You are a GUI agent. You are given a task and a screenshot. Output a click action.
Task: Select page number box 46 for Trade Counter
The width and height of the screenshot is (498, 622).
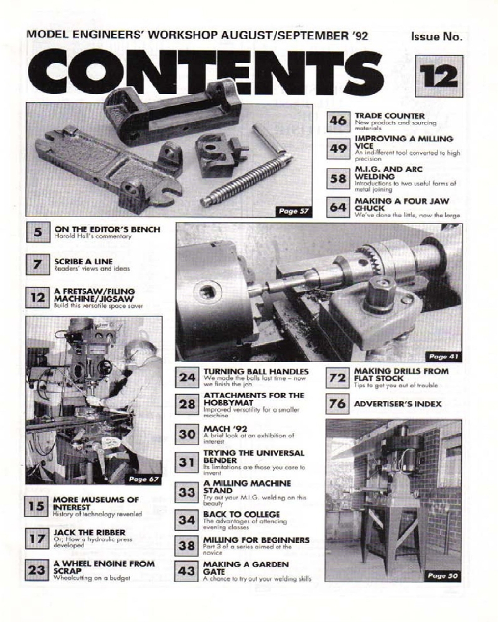click(x=338, y=121)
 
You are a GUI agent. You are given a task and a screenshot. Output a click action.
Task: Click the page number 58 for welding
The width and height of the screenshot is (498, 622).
click(x=338, y=179)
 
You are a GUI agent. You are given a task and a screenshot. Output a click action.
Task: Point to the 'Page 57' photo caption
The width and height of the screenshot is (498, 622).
click(x=294, y=212)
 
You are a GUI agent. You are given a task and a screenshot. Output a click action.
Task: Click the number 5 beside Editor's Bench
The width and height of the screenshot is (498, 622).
click(x=38, y=234)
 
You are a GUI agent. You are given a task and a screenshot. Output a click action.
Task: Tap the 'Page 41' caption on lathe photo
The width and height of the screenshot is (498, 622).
click(x=443, y=356)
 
